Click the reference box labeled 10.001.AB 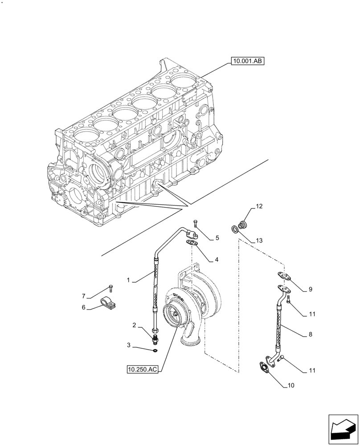tap(247, 62)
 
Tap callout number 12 tap(259, 206)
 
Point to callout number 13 tap(259, 240)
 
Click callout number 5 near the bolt tap(217, 238)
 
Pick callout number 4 tap(216, 259)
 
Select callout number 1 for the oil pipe tap(128, 281)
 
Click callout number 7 tap(83, 296)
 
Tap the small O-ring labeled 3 tap(155, 351)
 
